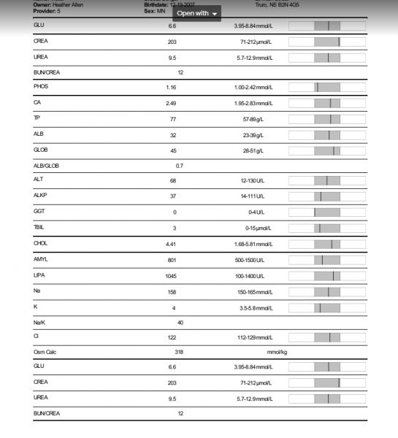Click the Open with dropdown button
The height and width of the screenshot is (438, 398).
coord(197,13)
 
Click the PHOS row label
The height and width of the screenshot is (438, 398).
coord(41,87)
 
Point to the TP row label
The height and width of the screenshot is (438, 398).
coord(37,118)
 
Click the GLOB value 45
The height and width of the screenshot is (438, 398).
coord(173,150)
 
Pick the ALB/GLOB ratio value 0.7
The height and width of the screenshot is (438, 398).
coord(180,166)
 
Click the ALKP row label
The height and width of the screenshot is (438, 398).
coord(41,196)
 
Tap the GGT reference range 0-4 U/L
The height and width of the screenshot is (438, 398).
coord(256,212)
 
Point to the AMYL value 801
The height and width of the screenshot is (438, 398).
coord(172,261)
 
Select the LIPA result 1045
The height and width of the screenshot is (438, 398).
coord(172,276)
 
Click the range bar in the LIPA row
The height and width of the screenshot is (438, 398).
coord(327,276)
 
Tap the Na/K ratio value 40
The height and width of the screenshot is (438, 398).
coord(180,322)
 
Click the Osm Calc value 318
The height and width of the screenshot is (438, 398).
coord(179,351)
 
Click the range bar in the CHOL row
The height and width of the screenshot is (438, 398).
coord(327,244)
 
